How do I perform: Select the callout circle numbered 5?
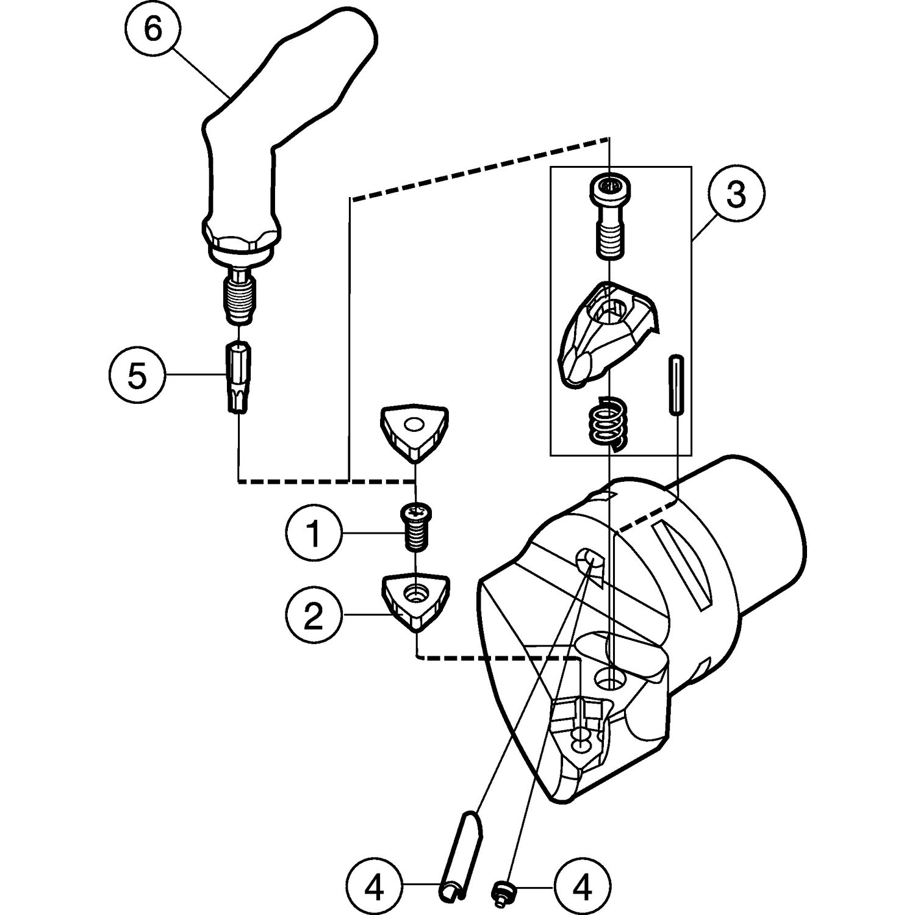(x=137, y=376)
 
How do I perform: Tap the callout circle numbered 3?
(x=736, y=195)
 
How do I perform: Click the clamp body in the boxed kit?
(x=606, y=332)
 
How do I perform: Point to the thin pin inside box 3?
(x=676, y=385)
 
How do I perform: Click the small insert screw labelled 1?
(x=415, y=526)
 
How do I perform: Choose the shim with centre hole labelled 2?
(x=415, y=600)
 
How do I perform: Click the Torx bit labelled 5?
(x=238, y=378)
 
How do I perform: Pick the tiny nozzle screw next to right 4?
(x=501, y=892)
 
